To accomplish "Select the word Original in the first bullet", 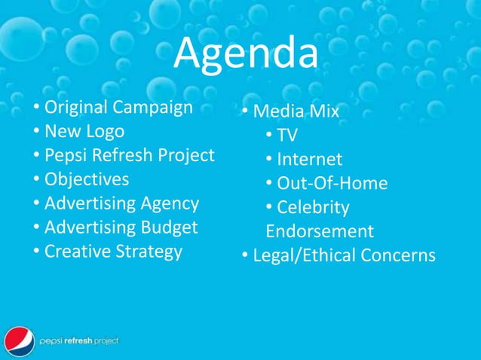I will pos(74,107).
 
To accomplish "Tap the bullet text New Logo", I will pos(84,131).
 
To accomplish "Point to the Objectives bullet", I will pos(86,179).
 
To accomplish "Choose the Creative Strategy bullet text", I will pos(113,252).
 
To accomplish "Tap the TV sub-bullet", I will pos(286,136).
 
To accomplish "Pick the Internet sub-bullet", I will pos(309,160).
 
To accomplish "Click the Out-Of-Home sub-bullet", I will pos(332,184).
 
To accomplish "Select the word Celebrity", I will pos(313,207).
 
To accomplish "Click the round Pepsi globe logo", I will pos(19,341).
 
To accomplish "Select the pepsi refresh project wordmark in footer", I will pos(78,341).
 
